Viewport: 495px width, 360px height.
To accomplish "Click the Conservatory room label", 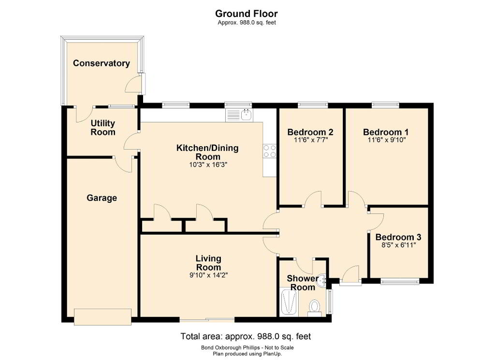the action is click(x=102, y=63).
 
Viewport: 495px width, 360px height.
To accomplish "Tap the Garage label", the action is click(x=102, y=198).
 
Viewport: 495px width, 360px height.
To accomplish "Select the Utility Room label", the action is click(x=103, y=127).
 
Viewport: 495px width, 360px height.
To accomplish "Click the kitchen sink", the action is click(x=239, y=115).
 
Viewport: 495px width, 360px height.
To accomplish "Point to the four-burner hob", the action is click(x=270, y=151).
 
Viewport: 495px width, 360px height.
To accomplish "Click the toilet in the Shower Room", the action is click(x=314, y=308).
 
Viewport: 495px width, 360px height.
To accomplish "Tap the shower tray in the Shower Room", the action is click(x=289, y=301).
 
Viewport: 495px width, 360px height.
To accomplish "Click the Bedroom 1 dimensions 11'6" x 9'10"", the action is click(x=386, y=140).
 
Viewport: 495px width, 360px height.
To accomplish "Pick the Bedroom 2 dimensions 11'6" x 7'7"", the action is click(x=311, y=140).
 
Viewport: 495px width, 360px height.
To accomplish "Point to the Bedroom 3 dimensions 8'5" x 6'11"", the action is click(x=399, y=245).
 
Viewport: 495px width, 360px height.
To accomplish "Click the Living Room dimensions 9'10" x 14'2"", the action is click(x=208, y=275).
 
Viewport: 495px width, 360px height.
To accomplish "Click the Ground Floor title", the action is click(x=246, y=14).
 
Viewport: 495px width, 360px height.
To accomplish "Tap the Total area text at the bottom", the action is click(x=246, y=336).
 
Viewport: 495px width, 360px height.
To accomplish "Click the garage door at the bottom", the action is click(x=102, y=317).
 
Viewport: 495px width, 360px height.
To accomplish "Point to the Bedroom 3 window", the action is click(x=400, y=281).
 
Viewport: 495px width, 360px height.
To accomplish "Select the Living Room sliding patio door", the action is click(x=207, y=319).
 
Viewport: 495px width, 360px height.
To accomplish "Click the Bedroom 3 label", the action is click(x=398, y=237).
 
